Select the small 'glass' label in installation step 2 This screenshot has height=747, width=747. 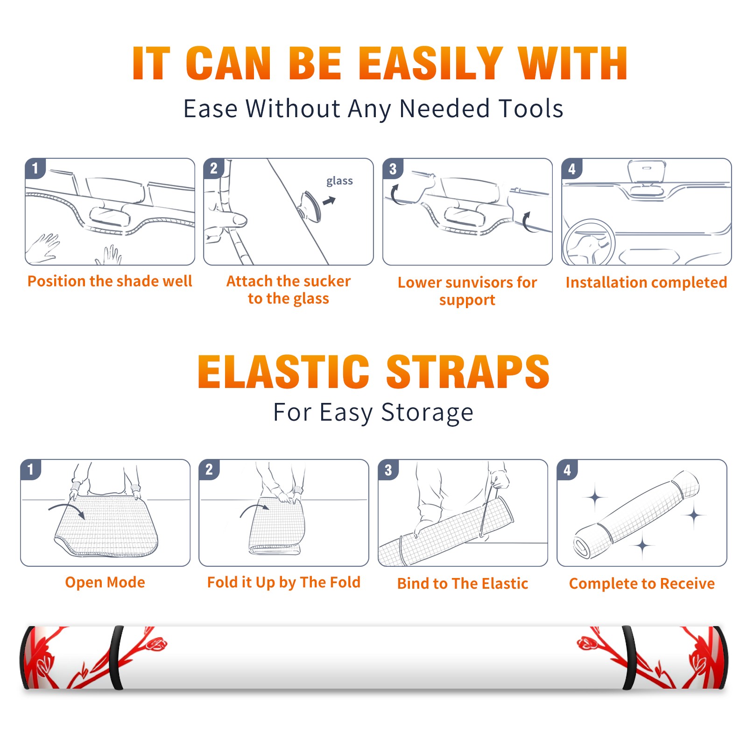(339, 181)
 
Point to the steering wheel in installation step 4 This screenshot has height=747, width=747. (589, 242)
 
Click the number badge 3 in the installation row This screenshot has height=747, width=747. (393, 169)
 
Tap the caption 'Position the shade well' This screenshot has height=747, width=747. (110, 281)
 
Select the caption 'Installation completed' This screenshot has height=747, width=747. (646, 282)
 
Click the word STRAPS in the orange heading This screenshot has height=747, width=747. (468, 372)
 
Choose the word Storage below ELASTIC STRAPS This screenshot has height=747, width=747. (427, 413)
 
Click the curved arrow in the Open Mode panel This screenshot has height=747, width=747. (66, 510)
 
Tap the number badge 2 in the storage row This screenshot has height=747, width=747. (209, 470)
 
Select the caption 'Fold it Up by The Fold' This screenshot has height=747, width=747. (284, 582)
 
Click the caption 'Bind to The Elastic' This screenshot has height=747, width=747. (463, 584)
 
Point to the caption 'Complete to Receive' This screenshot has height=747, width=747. (642, 584)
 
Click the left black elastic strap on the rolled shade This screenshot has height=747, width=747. (116, 658)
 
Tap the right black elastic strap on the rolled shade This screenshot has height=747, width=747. (629, 658)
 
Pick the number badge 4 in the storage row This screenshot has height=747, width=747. (567, 470)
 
